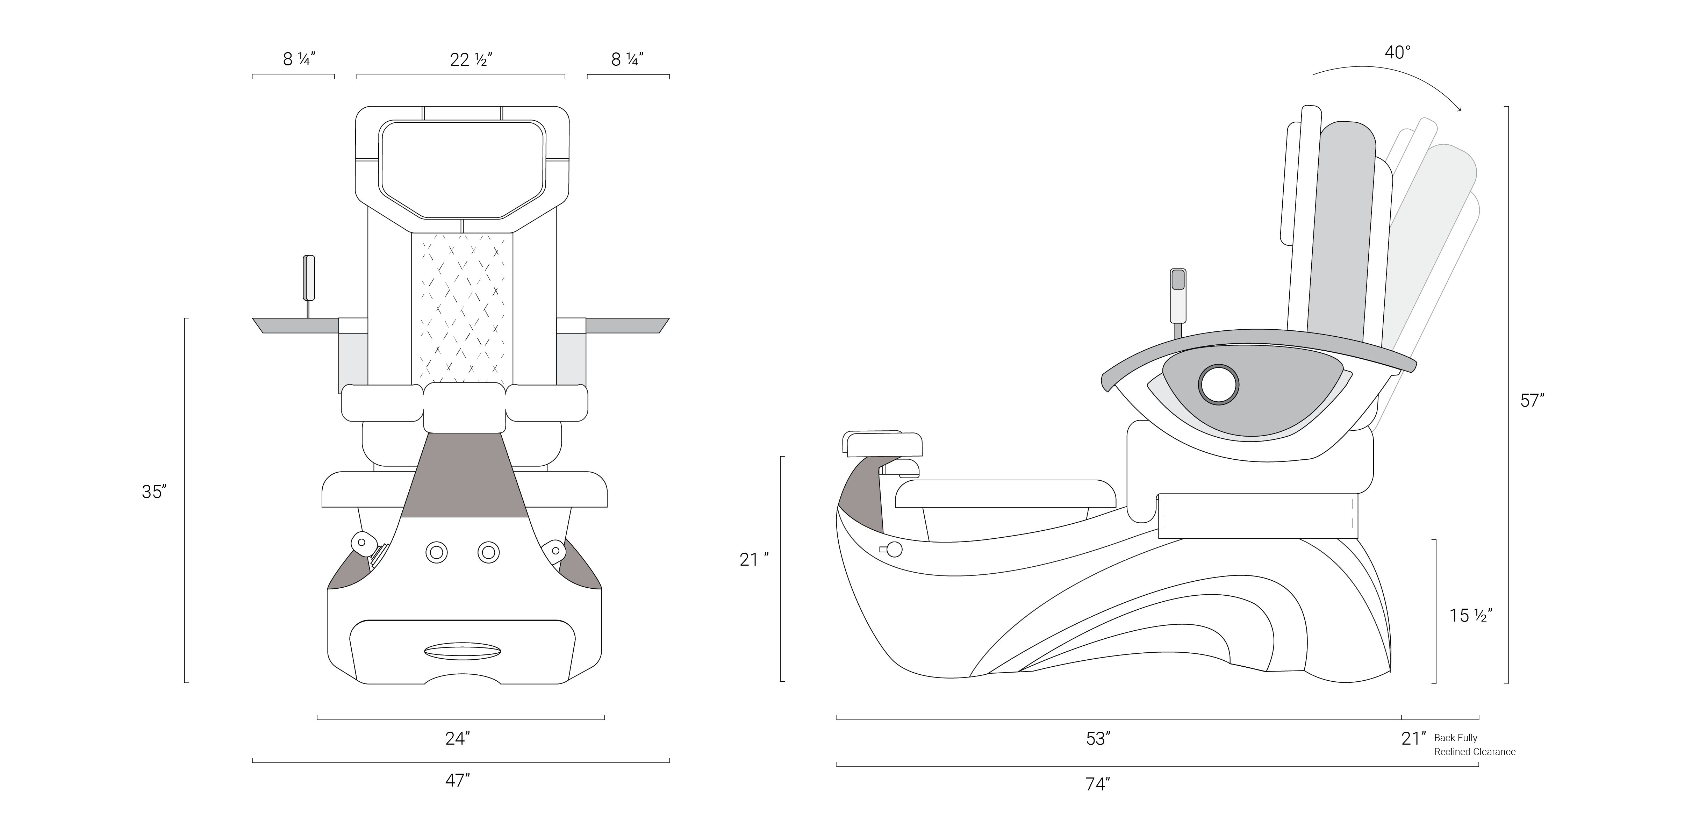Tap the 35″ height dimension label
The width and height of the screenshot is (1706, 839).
154,492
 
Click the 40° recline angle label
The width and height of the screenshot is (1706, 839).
1397,52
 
